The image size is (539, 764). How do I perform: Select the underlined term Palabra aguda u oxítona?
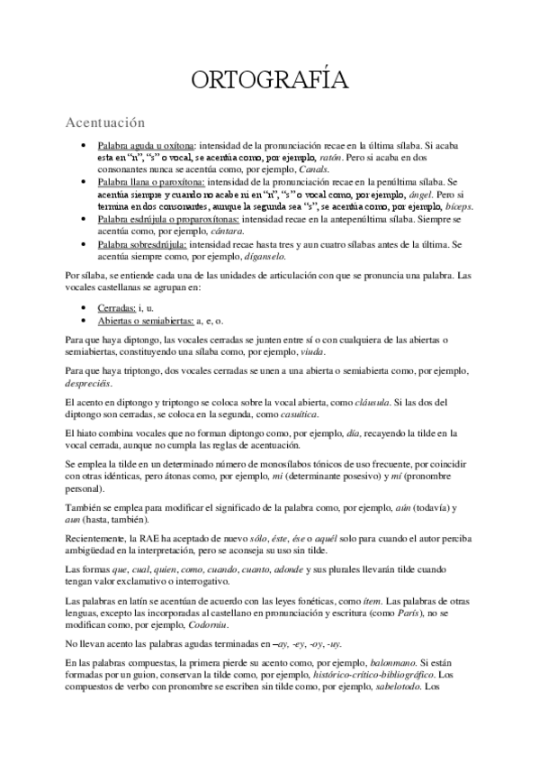(146, 144)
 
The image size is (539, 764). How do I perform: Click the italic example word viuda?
(311, 351)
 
